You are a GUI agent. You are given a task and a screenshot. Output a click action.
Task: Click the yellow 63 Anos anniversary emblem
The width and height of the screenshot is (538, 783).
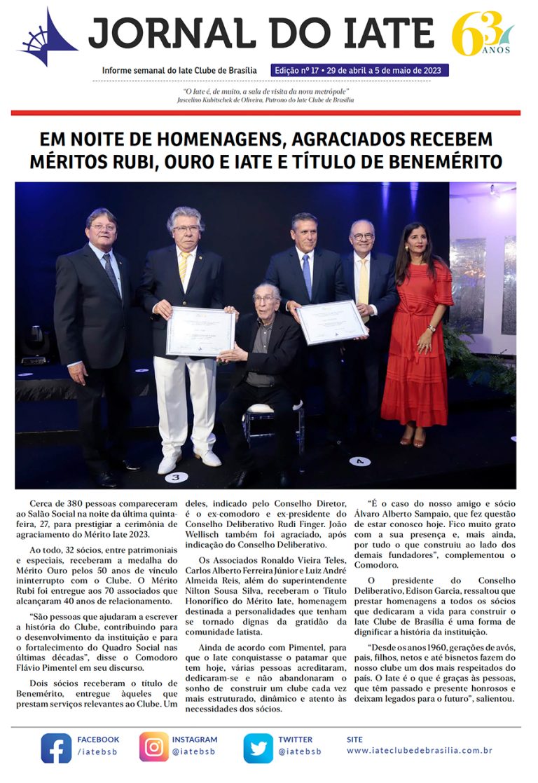click(x=481, y=34)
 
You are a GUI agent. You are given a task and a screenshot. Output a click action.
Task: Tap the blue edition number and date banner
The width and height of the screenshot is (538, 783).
click(x=360, y=71)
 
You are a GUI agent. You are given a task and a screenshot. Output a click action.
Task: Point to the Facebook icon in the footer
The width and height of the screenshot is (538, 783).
click(x=56, y=747)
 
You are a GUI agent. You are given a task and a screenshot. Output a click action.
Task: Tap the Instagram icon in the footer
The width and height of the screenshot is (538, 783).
click(x=153, y=747)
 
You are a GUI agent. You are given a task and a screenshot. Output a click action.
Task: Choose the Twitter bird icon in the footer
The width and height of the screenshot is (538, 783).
click(x=258, y=747)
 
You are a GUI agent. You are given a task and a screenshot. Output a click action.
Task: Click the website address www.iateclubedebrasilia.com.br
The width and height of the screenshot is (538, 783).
click(x=419, y=751)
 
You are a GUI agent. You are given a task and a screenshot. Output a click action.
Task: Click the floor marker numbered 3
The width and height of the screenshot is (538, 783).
click(x=175, y=477)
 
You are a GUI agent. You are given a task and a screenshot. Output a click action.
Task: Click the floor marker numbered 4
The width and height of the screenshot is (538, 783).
click(x=359, y=461)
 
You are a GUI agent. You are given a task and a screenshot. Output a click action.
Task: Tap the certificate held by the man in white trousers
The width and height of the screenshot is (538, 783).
click(x=200, y=331)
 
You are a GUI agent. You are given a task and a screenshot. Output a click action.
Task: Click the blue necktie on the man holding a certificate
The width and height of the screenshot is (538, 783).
click(x=307, y=275)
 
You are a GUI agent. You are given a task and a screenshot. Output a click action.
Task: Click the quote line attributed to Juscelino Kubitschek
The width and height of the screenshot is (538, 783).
click(x=265, y=92)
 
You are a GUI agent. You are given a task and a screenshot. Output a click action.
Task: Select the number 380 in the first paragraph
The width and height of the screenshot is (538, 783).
click(x=83, y=503)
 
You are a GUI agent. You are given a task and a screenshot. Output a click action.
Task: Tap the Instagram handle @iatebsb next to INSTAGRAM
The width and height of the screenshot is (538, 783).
click(x=194, y=751)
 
